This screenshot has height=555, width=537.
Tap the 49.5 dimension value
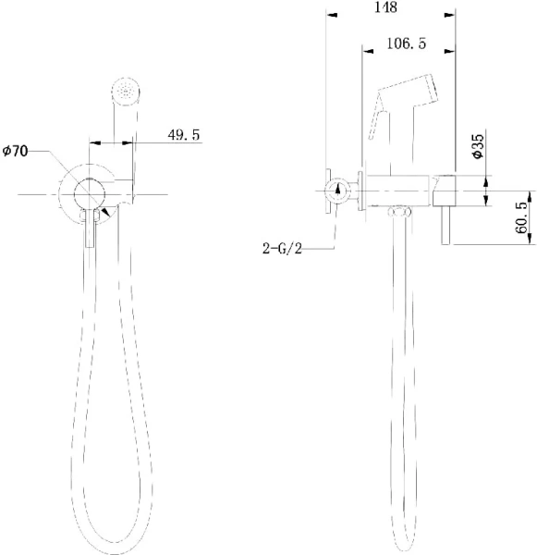(x=184, y=135)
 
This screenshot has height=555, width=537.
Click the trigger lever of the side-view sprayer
(x=377, y=121)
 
